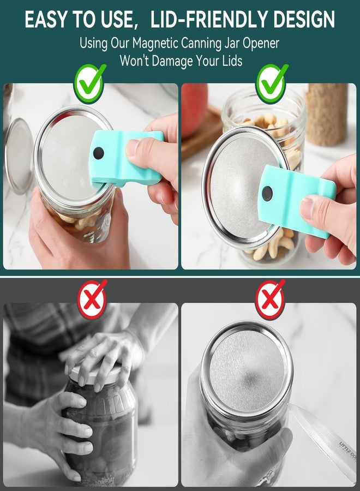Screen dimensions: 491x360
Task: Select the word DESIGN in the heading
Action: pyautogui.click(x=302, y=20)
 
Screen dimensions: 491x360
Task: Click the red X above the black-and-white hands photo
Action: pyautogui.click(x=92, y=298)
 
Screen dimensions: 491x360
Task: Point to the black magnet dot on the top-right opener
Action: pyautogui.click(x=267, y=192)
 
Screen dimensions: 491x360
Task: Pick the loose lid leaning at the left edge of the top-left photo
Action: pyautogui.click(x=17, y=155)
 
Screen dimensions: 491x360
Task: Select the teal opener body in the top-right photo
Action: pyautogui.click(x=297, y=202)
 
